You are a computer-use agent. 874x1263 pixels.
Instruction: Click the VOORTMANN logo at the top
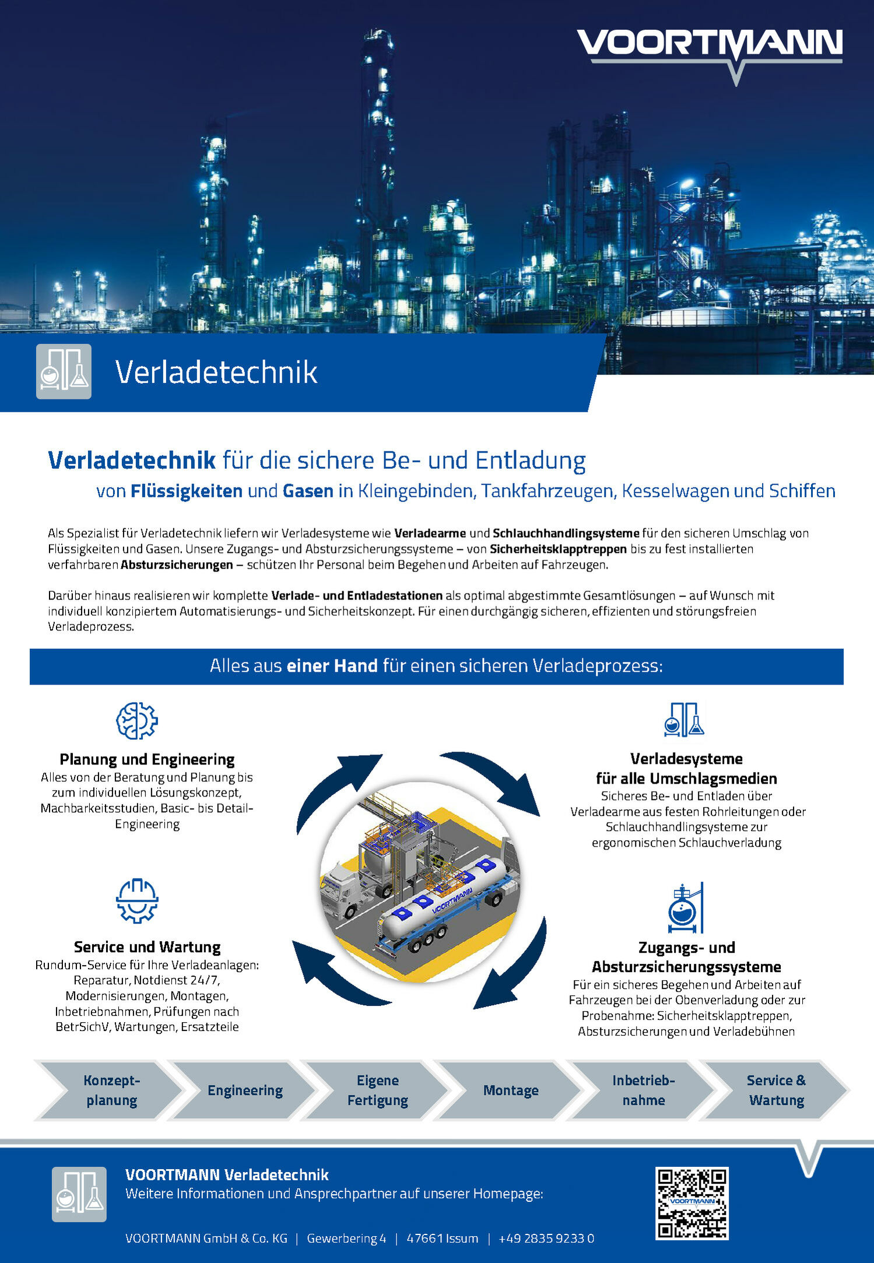point(709,47)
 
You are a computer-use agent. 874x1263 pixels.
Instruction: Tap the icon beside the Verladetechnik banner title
point(64,371)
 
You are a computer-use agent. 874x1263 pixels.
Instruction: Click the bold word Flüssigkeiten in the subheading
point(186,491)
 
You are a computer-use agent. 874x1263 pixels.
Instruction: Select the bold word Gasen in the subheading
point(308,491)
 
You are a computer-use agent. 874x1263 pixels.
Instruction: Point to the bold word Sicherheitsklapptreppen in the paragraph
point(558,549)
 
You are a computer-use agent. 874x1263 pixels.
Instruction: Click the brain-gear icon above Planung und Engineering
point(137,721)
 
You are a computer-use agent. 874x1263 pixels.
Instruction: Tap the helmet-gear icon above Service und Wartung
point(137,901)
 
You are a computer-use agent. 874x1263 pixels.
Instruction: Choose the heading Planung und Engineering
point(147,759)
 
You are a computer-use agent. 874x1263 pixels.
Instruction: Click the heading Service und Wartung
point(147,947)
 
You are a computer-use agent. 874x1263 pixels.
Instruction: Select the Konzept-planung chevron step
point(111,1090)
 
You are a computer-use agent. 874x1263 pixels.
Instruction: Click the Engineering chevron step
point(245,1090)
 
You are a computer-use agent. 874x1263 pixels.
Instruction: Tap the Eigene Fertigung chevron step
point(377,1090)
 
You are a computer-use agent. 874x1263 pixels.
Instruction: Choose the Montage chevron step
point(511,1090)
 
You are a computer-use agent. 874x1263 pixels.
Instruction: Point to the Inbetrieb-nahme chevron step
point(643,1090)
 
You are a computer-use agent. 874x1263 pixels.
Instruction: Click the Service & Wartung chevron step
point(776,1090)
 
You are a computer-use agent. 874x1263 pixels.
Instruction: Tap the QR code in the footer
point(692,1202)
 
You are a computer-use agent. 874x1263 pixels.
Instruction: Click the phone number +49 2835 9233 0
point(546,1239)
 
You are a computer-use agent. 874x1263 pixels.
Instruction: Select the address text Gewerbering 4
point(346,1239)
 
